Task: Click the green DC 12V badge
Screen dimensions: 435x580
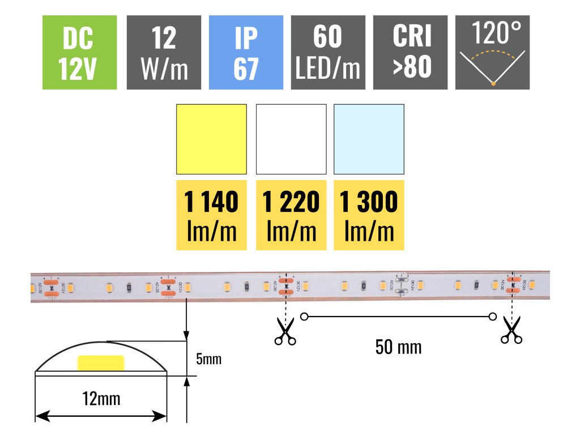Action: point(79,52)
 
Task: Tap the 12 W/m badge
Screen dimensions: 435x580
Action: point(164,52)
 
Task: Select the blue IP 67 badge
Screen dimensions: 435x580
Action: point(246,52)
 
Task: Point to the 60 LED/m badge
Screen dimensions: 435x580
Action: point(328,52)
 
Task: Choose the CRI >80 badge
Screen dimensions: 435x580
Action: point(411,52)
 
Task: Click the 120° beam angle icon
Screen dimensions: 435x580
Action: point(493,52)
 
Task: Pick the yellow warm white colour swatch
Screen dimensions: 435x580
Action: point(212,139)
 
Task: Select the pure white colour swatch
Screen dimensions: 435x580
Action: point(291,139)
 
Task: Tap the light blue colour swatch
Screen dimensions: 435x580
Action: point(369,139)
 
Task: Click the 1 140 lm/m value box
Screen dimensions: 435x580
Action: point(212,215)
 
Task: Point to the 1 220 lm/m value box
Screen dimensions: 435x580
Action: point(291,215)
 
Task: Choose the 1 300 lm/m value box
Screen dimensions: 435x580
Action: point(369,215)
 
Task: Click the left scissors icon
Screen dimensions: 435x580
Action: point(285,331)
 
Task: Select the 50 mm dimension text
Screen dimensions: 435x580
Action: point(398,347)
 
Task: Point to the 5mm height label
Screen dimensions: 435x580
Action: point(208,359)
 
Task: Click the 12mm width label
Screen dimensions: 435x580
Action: point(101,398)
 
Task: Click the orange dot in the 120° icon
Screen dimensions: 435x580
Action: point(493,84)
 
